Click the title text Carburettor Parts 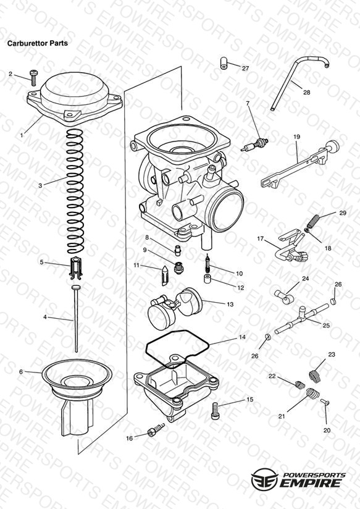[x=38, y=43]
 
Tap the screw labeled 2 [x=34, y=78]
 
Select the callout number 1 [x=22, y=135]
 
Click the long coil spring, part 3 [x=75, y=191]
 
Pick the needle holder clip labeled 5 [x=76, y=268]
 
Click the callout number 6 [x=21, y=372]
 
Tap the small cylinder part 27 [x=224, y=63]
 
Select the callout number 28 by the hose [x=306, y=92]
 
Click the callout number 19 [x=296, y=137]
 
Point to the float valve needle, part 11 [x=165, y=276]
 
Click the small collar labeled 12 [x=207, y=279]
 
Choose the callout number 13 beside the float [x=230, y=304]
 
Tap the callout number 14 [x=242, y=337]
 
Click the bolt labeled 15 [x=215, y=411]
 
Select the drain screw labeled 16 [x=156, y=430]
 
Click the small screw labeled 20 [x=325, y=402]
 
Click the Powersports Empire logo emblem [x=265, y=479]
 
